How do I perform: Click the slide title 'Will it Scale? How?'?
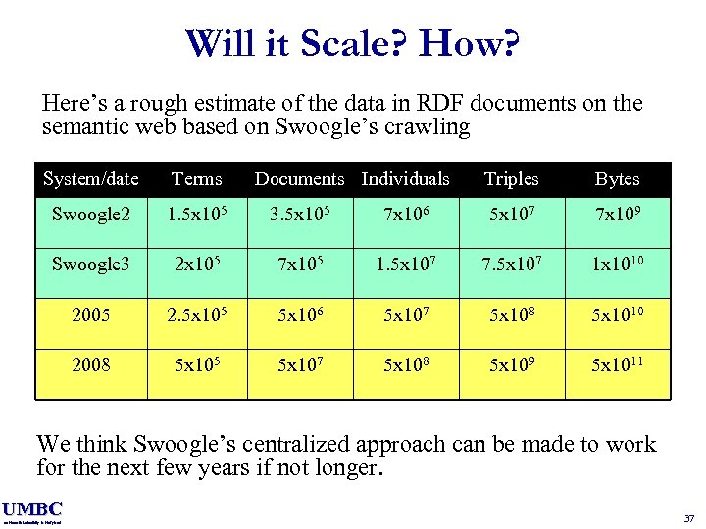pyautogui.click(x=352, y=44)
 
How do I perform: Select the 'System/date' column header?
pyautogui.click(x=91, y=179)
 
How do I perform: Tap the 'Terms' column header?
pyautogui.click(x=197, y=179)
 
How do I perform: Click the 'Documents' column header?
pyautogui.click(x=300, y=179)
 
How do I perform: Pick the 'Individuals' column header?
pyautogui.click(x=405, y=179)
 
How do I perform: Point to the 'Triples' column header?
pyautogui.click(x=511, y=179)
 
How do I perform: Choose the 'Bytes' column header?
pyautogui.click(x=617, y=179)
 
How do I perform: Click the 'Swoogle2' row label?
pyautogui.click(x=91, y=214)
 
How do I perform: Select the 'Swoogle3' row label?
pyautogui.click(x=91, y=264)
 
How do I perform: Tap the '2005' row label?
pyautogui.click(x=91, y=315)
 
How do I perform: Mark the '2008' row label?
pyautogui.click(x=91, y=365)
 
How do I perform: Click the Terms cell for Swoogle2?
pyautogui.click(x=197, y=214)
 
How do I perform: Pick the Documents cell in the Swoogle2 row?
pyautogui.click(x=300, y=214)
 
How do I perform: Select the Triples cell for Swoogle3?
pyautogui.click(x=511, y=264)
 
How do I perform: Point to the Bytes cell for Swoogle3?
pyautogui.click(x=617, y=264)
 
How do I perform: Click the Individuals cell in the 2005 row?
pyautogui.click(x=405, y=315)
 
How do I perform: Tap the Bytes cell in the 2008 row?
pyautogui.click(x=617, y=365)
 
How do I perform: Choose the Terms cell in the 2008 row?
pyautogui.click(x=197, y=365)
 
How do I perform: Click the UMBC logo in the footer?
pyautogui.click(x=32, y=510)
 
